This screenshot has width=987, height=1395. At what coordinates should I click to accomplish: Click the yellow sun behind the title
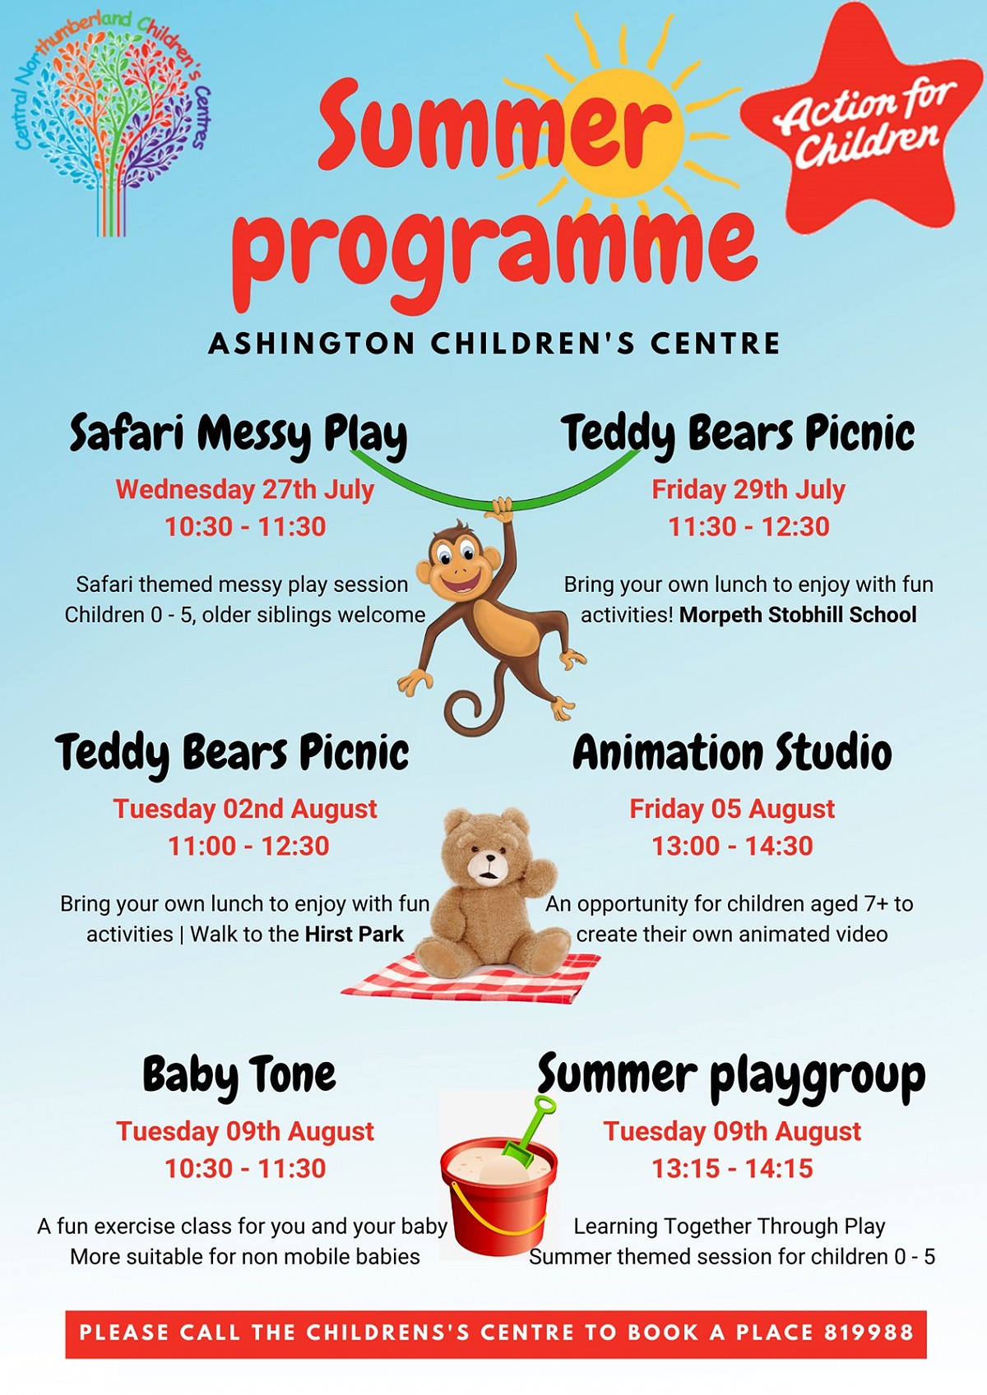623,131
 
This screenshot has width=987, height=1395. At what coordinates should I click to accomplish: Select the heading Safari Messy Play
238,434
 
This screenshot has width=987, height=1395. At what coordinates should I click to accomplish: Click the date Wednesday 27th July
245,489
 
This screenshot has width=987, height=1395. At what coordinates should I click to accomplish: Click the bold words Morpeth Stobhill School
798,615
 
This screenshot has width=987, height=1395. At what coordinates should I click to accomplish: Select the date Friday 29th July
748,489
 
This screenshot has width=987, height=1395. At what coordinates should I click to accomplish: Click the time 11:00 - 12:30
248,847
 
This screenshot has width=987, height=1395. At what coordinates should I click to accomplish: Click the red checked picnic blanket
471,977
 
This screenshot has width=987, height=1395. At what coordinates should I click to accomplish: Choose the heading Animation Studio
732,753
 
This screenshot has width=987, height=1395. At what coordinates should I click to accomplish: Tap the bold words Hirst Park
354,934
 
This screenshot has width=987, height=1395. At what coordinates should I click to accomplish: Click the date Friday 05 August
732,809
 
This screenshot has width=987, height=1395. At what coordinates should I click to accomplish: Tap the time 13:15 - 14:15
732,1168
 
